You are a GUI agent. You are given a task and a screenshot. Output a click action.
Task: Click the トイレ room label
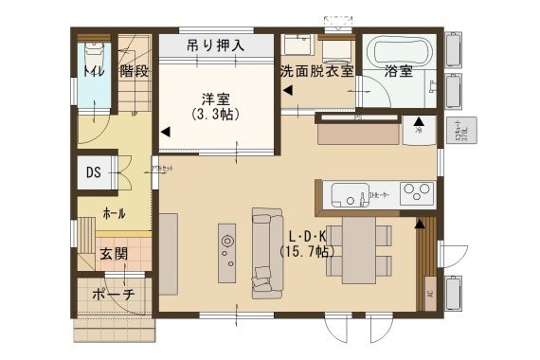pos(92,71)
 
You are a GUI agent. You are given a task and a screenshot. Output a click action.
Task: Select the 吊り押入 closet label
pos(215,45)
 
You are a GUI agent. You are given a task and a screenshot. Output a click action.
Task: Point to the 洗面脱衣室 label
pos(315,71)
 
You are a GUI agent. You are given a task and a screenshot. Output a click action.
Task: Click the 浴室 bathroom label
pos(398,71)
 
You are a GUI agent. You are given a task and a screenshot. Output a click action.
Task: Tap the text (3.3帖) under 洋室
pos(215,114)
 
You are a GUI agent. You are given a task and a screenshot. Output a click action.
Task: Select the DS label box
pos(93,172)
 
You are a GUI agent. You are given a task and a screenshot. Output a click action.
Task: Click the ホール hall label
pos(114,213)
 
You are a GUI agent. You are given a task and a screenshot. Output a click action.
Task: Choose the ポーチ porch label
pos(114,295)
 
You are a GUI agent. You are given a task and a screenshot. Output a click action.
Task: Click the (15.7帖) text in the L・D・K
pos(305,251)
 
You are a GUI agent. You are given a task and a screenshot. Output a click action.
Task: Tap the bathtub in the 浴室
pos(399,48)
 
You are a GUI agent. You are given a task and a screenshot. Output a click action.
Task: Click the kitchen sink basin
pos(348,196)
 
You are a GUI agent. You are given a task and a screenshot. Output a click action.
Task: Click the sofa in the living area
pos(262,251)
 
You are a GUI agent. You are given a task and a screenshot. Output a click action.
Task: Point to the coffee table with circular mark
pos(227,251)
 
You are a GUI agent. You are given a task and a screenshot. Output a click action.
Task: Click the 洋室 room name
pos(215,98)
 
